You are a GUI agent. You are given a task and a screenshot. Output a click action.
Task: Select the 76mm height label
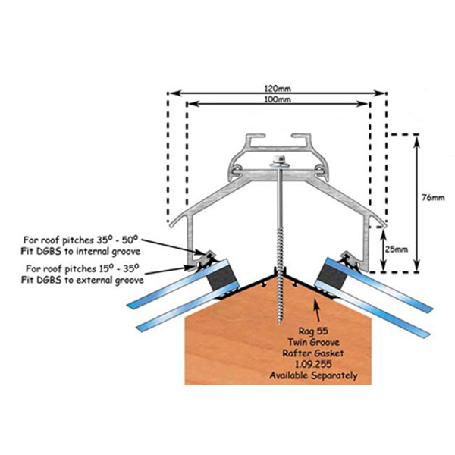tap(432, 198)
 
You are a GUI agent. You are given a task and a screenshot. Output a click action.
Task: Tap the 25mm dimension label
tap(397, 249)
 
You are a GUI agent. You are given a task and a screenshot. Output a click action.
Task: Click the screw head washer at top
tap(279, 161)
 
